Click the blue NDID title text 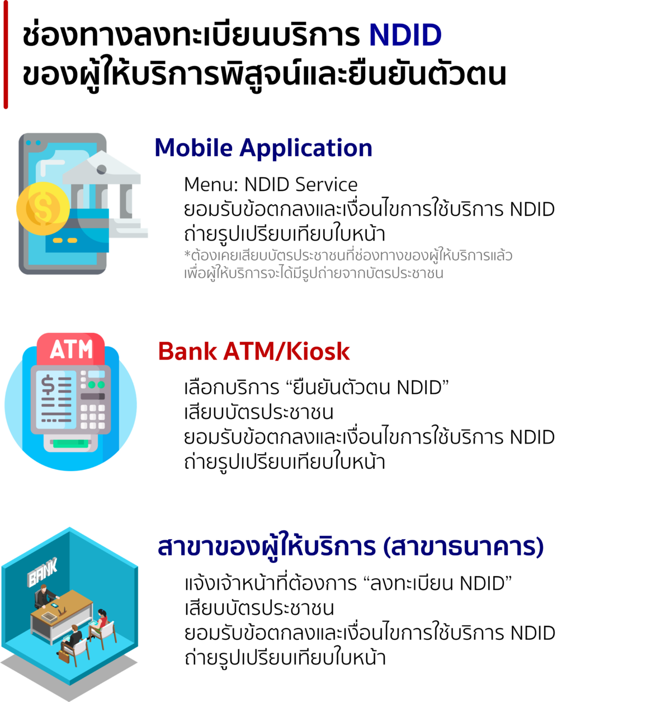(x=405, y=35)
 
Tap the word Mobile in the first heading (x=193, y=148)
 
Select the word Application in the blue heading (x=306, y=148)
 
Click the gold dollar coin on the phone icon (x=42, y=209)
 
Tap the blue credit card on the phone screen (x=78, y=235)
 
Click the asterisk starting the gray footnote (x=187, y=255)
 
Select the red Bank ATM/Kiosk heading (x=254, y=351)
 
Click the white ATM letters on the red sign (x=71, y=350)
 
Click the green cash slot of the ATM (x=70, y=444)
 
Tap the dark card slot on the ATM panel (x=93, y=396)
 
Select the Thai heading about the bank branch (x=350, y=547)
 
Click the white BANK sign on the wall (x=43, y=573)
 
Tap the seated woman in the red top (x=102, y=619)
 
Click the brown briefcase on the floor (x=63, y=656)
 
